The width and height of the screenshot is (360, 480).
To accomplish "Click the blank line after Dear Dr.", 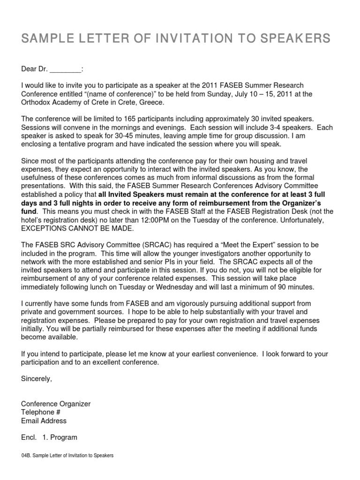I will (65, 69).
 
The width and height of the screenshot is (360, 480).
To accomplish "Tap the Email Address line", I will (44, 420).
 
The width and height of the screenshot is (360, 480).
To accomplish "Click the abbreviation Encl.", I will (29, 437).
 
